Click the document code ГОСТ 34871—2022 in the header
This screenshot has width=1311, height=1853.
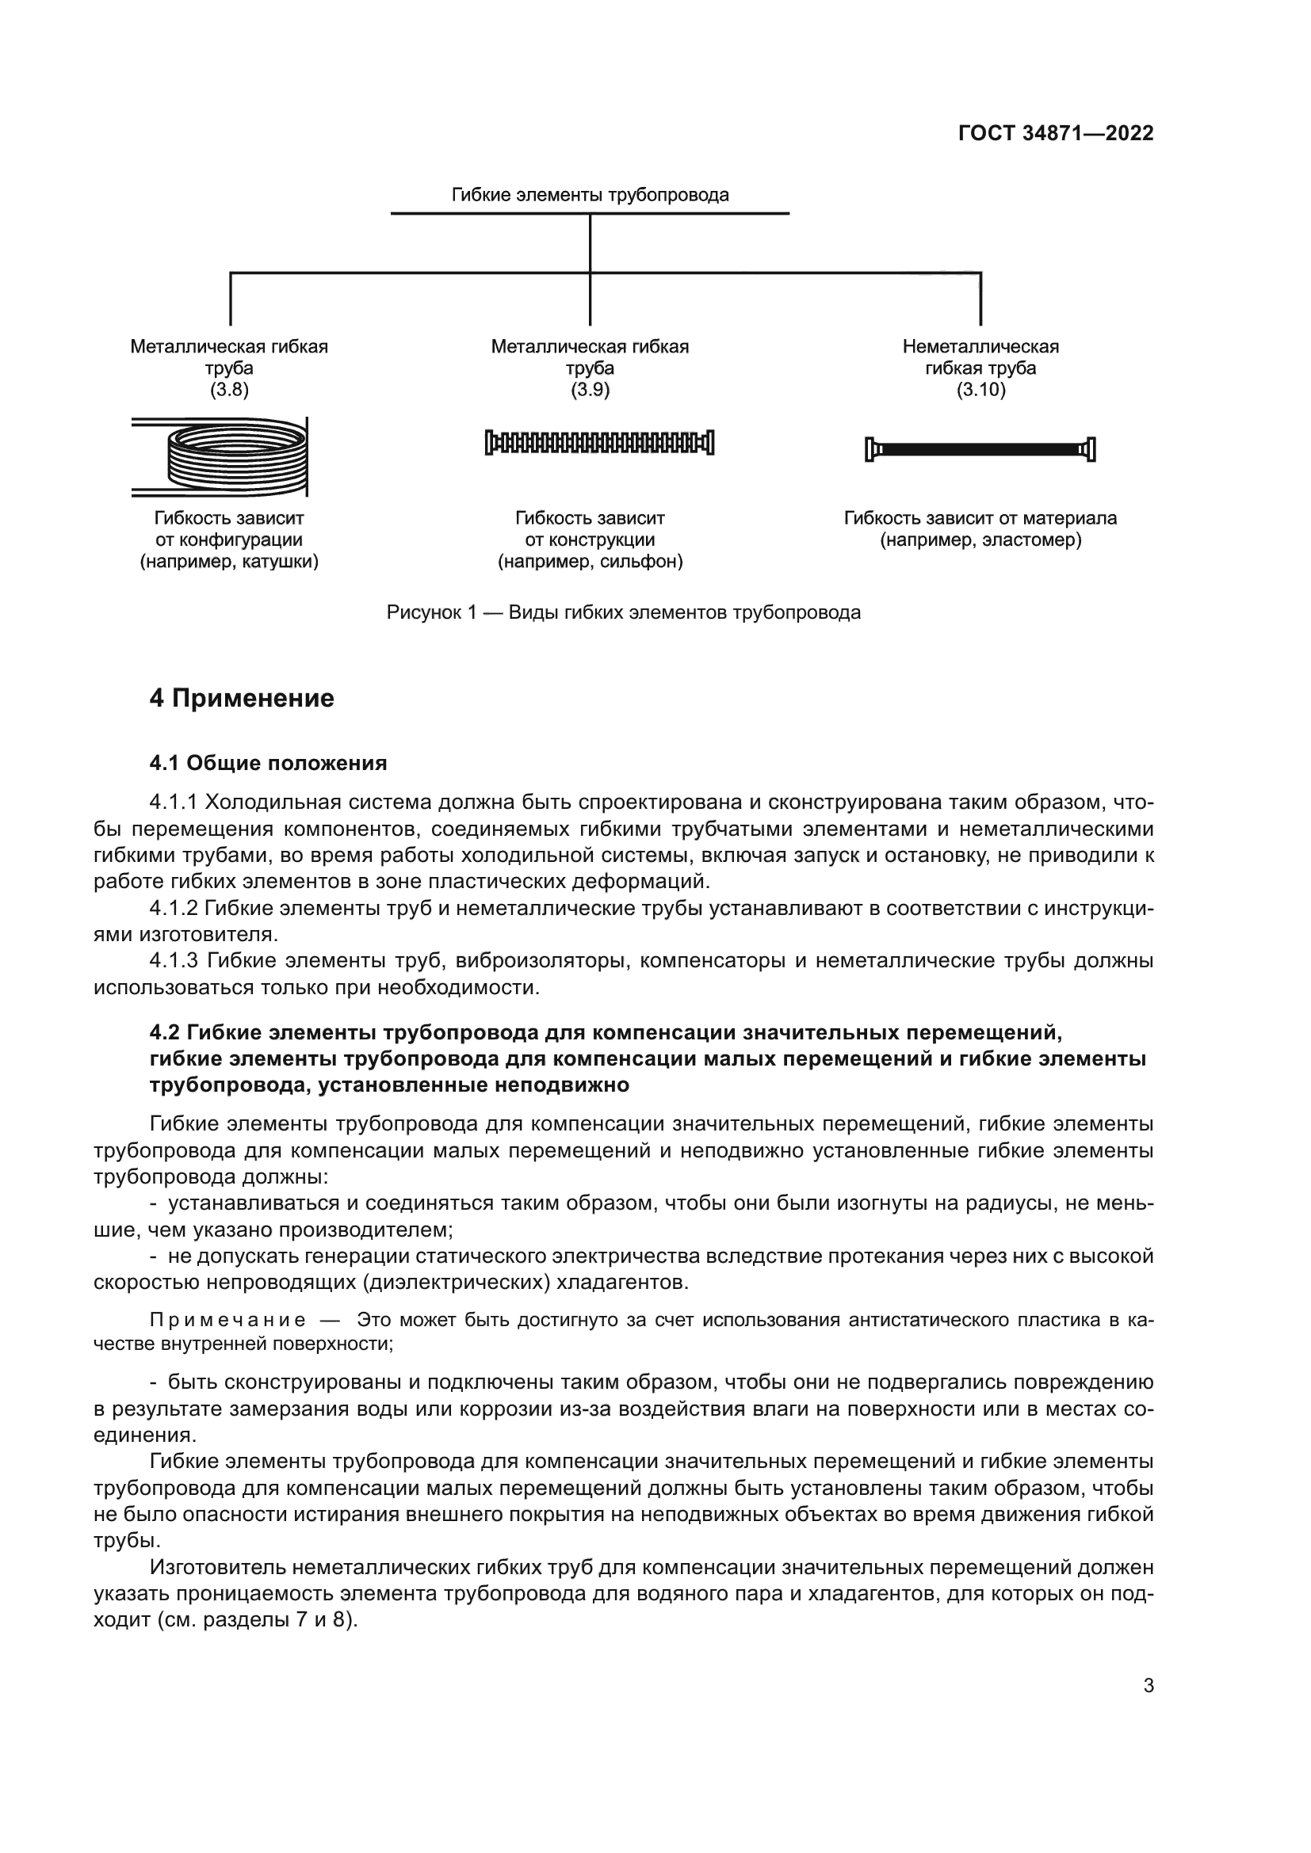click(x=1055, y=134)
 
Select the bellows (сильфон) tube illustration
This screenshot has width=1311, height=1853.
click(x=599, y=442)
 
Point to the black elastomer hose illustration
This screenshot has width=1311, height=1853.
click(x=979, y=448)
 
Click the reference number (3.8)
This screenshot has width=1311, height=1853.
click(x=229, y=391)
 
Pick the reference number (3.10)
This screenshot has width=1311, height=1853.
click(x=980, y=391)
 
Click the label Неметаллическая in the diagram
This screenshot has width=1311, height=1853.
click(x=980, y=347)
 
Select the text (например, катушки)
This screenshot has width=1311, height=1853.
click(x=229, y=562)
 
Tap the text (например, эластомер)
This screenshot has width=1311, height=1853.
click(x=980, y=540)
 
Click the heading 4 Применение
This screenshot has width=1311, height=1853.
click(x=242, y=698)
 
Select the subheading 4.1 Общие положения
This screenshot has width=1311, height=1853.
click(x=268, y=763)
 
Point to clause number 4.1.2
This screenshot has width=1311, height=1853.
click(x=174, y=908)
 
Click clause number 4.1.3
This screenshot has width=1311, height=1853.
click(x=174, y=960)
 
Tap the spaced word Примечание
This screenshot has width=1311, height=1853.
click(x=227, y=1321)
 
